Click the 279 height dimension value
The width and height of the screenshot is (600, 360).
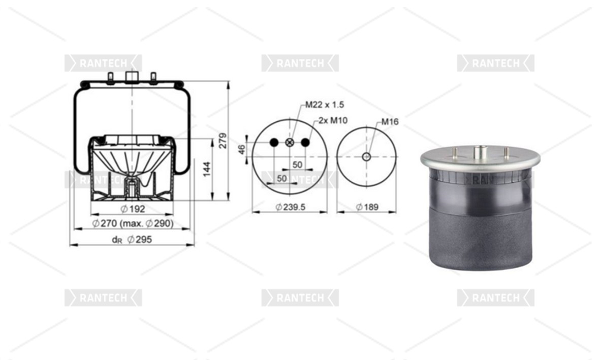[223, 141]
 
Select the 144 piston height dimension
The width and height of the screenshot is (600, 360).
[207, 169]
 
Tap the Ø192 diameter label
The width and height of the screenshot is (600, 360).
[133, 209]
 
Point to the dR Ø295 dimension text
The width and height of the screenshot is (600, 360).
[132, 240]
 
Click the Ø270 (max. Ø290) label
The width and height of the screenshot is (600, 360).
[133, 223]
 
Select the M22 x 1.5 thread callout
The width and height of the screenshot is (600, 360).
[325, 105]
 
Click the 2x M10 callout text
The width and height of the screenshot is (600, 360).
[333, 120]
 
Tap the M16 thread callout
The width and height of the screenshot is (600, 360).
[390, 122]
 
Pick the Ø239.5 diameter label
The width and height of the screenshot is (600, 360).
[291, 207]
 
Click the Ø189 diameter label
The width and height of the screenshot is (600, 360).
[367, 207]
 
